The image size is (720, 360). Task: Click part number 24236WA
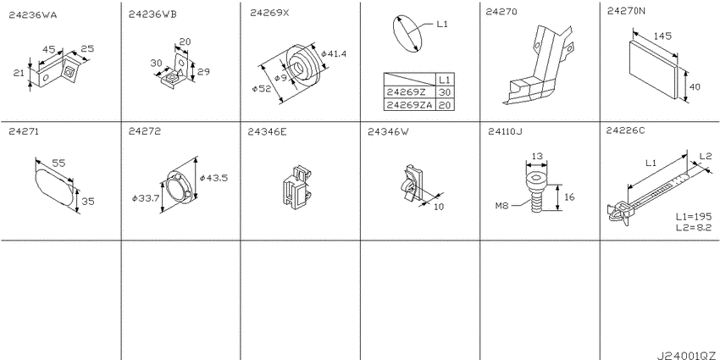[33, 15]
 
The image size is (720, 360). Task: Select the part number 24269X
[269, 14]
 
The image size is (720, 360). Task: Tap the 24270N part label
[626, 13]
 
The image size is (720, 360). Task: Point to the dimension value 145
[661, 36]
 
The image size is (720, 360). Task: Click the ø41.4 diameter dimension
[334, 53]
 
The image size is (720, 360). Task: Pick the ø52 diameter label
[261, 89]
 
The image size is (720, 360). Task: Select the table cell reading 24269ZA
[410, 105]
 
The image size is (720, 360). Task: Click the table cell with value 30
[446, 91]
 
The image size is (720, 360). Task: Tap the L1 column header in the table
[446, 79]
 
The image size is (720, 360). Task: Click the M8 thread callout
[502, 206]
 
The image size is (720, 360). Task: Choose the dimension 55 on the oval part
[58, 162]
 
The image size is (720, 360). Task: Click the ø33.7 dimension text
[145, 198]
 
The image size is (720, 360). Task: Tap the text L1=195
[694, 217]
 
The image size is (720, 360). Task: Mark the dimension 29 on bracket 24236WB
[203, 72]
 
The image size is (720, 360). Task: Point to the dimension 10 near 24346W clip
[439, 207]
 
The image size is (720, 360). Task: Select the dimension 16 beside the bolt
[569, 197]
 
